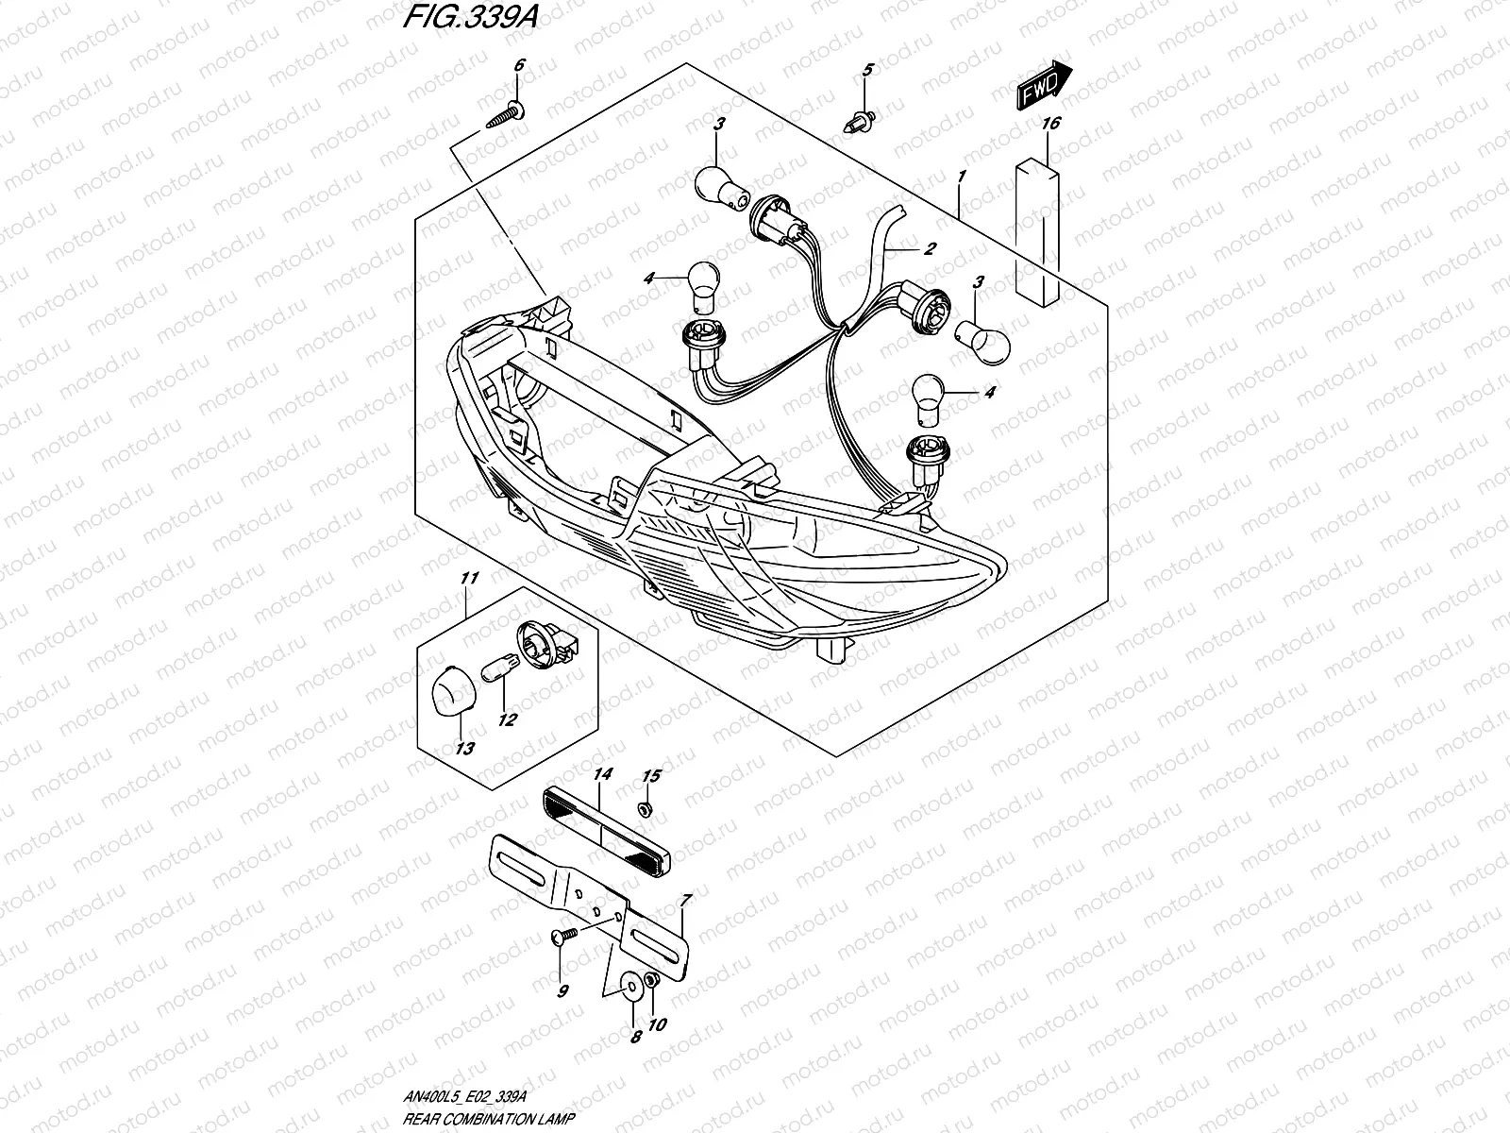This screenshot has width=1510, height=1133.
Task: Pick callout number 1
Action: [x=961, y=177]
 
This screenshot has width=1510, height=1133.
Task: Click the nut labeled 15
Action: [x=645, y=808]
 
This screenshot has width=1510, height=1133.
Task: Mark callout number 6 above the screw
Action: [x=516, y=66]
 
